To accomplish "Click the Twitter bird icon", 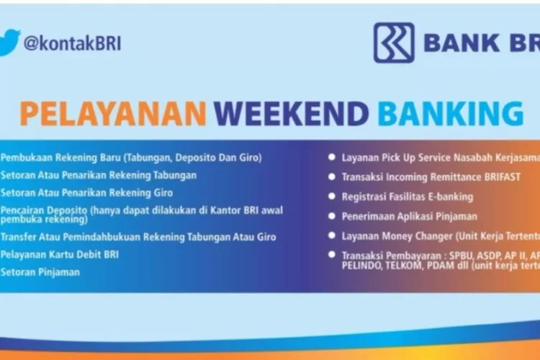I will pyautogui.click(x=9, y=41).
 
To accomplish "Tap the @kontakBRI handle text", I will pyautogui.click(x=72, y=43).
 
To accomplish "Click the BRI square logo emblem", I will pyautogui.click(x=394, y=42).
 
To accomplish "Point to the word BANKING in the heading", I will pyautogui.click(x=451, y=114).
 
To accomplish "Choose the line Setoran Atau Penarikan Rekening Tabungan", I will pyautogui.click(x=99, y=175).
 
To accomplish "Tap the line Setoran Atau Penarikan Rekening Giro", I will pyautogui.click(x=87, y=193).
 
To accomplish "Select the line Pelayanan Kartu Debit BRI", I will pyautogui.click(x=60, y=254).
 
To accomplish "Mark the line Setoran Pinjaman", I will pyautogui.click(x=40, y=272).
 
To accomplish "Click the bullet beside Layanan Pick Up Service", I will pyautogui.click(x=331, y=157).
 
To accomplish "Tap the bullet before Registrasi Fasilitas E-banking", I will pyautogui.click(x=331, y=196).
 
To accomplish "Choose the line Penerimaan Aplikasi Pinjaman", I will pyautogui.click(x=409, y=215).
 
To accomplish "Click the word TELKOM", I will pyautogui.click(x=406, y=266).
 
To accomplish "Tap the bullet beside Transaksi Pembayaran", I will pyautogui.click(x=331, y=255).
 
